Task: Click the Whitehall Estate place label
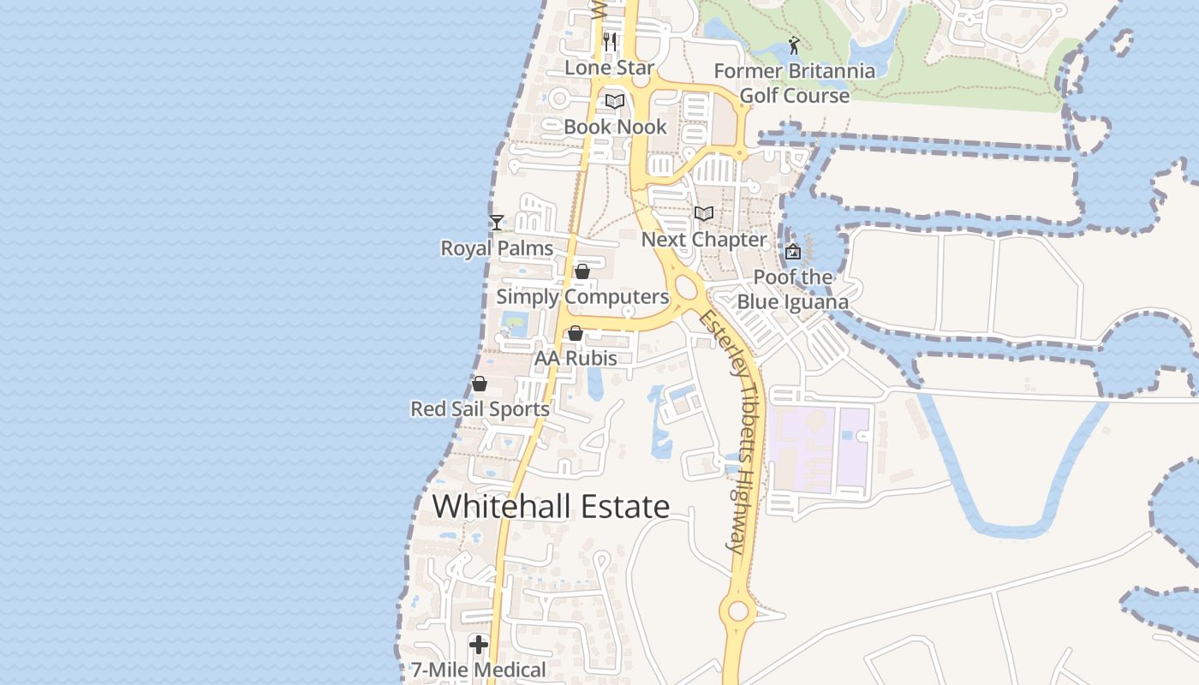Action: click(551, 506)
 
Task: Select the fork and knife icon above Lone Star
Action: click(610, 41)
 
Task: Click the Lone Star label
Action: click(610, 68)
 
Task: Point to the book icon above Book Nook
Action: click(614, 101)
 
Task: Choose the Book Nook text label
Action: click(615, 127)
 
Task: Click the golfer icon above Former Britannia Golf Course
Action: click(794, 45)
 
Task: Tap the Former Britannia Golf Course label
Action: click(795, 83)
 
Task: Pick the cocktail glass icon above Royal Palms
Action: click(497, 223)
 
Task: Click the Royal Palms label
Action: click(497, 248)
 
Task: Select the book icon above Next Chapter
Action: click(704, 213)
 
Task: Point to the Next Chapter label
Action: click(704, 240)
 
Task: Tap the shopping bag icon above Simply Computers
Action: click(582, 271)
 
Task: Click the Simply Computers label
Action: click(582, 297)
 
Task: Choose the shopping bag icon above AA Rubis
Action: click(576, 333)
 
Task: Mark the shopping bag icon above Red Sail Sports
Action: click(480, 384)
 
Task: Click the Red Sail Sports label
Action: click(480, 409)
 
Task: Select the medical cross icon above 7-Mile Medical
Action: click(479, 644)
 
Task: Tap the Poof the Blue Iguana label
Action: click(793, 289)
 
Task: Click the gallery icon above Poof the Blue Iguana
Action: click(793, 252)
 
